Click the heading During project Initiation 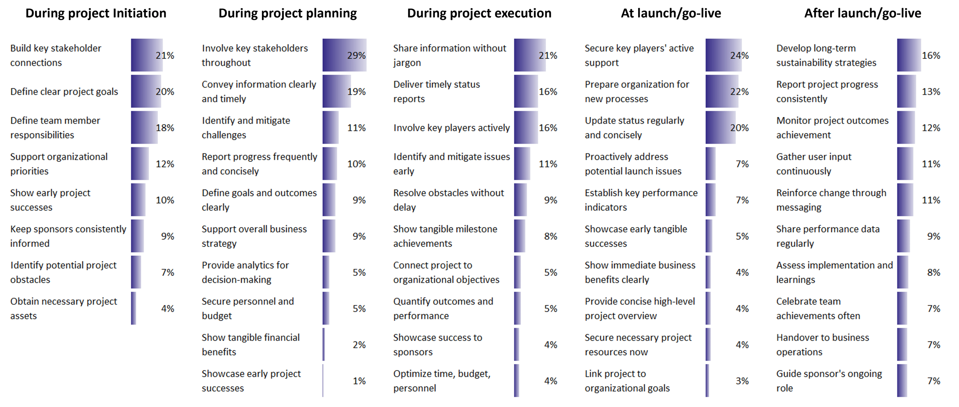tap(96, 13)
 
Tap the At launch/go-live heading tap(671, 13)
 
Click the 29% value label tap(356, 55)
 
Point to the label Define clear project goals tap(64, 92)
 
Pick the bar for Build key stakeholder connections tap(146, 55)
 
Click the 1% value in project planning tap(359, 381)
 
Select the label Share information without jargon tap(449, 55)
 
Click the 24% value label tap(740, 55)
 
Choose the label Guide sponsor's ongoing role tap(829, 381)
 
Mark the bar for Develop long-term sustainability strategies tap(909, 55)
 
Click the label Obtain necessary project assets tap(63, 308)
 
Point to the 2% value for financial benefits tap(359, 345)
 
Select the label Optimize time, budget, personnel tap(442, 381)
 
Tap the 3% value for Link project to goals tap(742, 381)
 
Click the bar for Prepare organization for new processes tap(722, 91)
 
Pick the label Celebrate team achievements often tap(818, 308)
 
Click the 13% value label tap(931, 92)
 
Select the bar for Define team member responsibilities tap(144, 127)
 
